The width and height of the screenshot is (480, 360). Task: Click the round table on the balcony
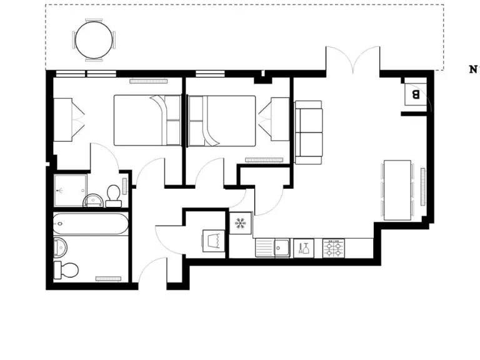[x=94, y=40]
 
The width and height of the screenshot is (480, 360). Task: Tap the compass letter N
[x=473, y=69]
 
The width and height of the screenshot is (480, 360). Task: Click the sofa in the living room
[x=309, y=132]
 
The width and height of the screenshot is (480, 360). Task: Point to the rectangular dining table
[x=397, y=190]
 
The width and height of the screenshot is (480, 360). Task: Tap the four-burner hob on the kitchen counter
[x=334, y=248]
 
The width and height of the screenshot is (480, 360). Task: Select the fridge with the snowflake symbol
[x=241, y=223]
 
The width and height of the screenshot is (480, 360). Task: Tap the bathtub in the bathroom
[x=91, y=224]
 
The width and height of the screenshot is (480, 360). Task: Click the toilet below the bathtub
[x=67, y=269]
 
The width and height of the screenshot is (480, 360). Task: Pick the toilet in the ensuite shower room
[x=113, y=196]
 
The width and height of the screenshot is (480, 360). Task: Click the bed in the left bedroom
[x=147, y=120]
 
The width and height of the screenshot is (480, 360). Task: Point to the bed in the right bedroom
[x=222, y=120]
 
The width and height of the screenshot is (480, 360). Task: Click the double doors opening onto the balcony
[x=352, y=60]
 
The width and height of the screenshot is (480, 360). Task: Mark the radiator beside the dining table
[x=423, y=187]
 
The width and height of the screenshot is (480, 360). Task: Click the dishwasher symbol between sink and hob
[x=304, y=248]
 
